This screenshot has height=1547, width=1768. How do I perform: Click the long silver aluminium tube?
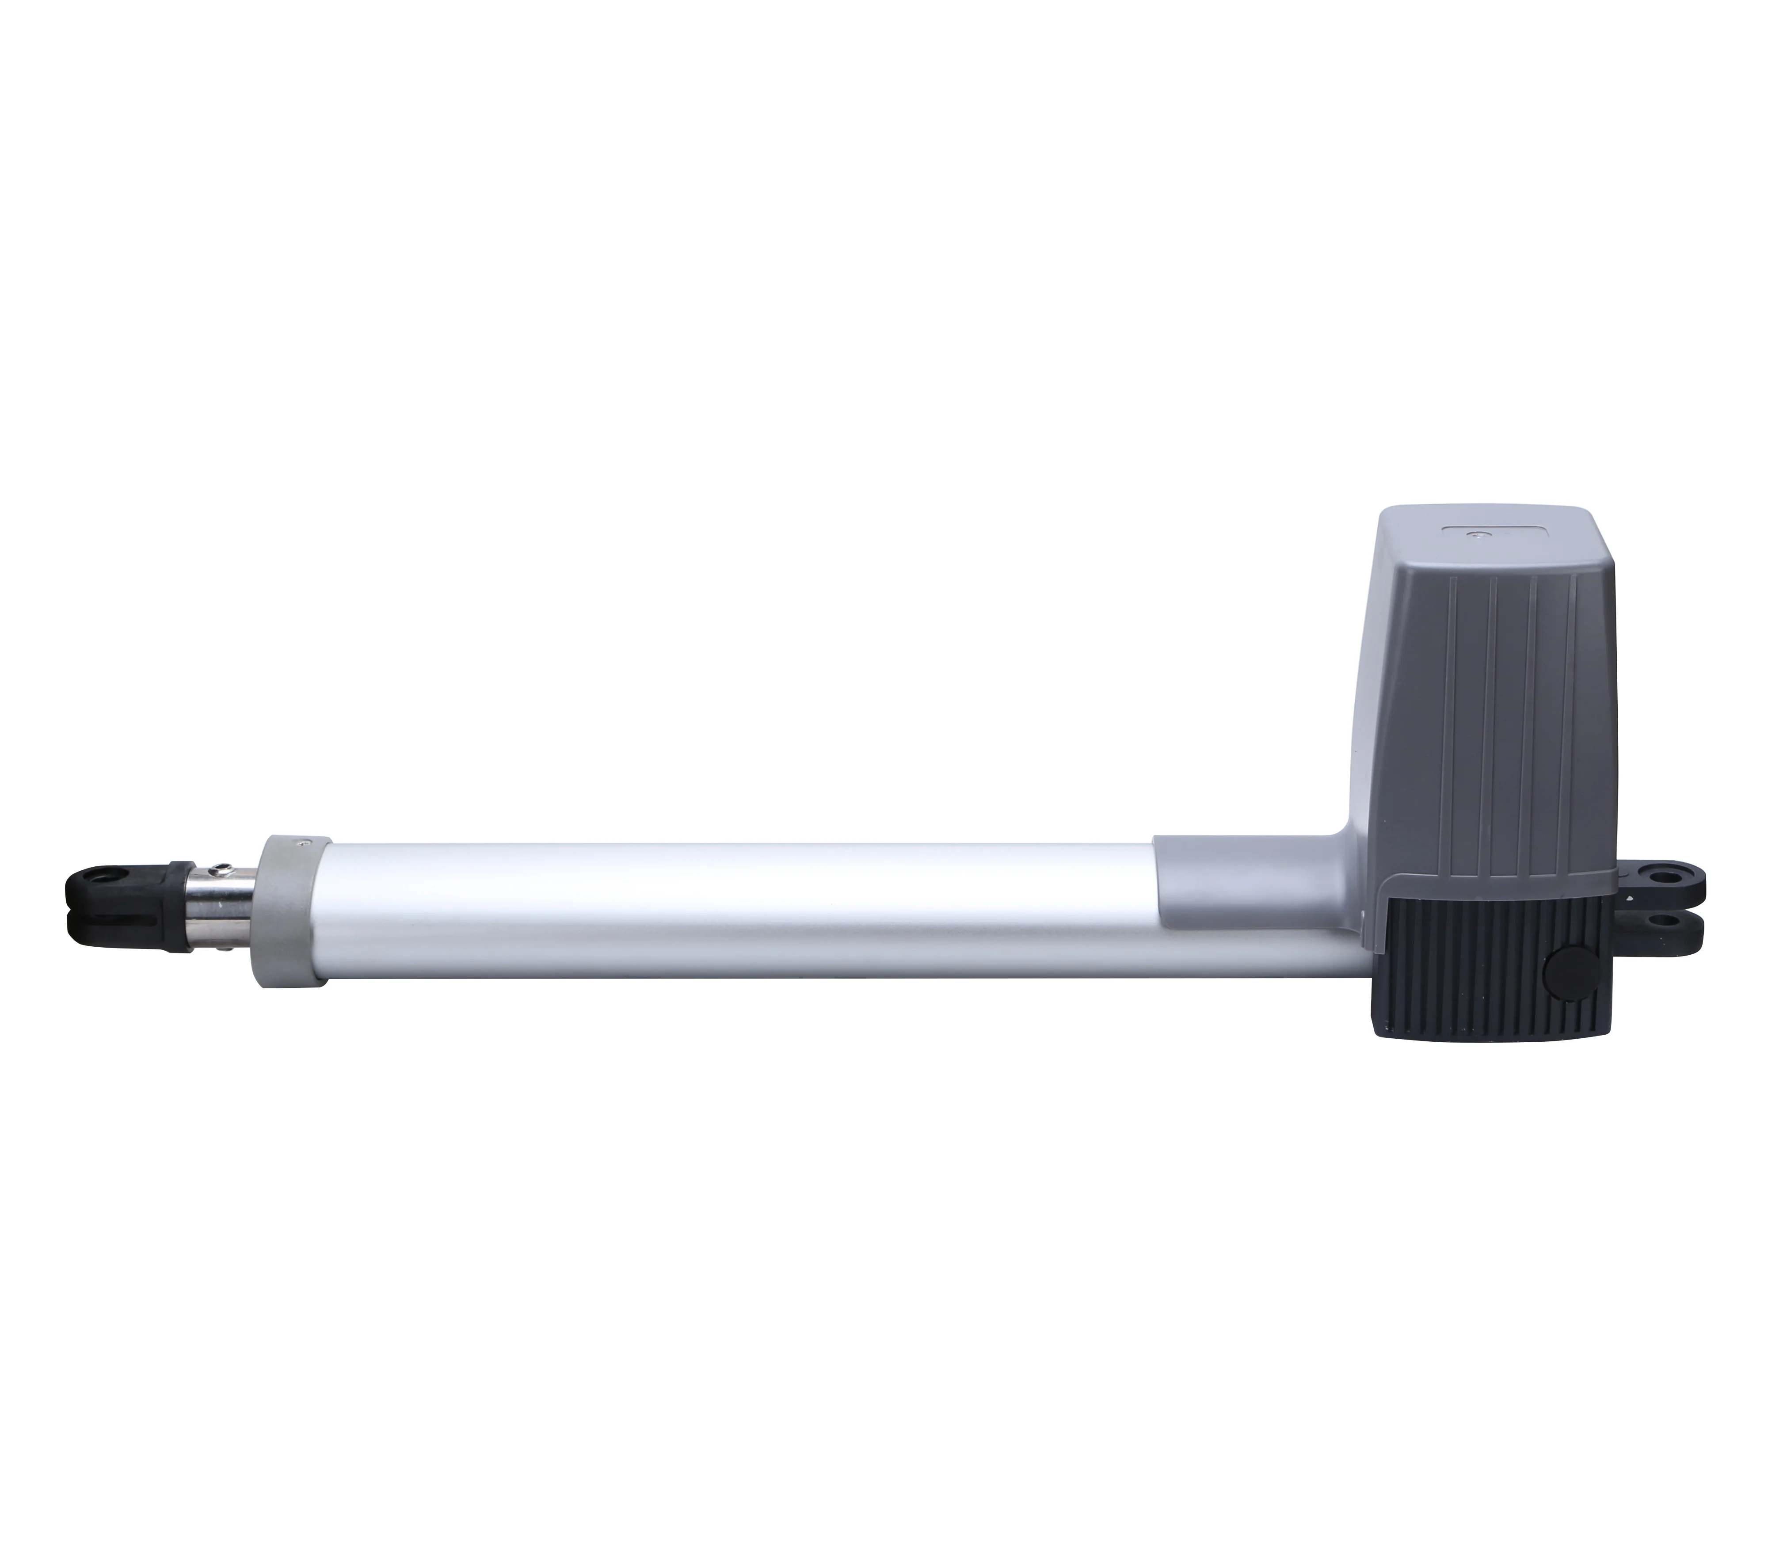[734, 915]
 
